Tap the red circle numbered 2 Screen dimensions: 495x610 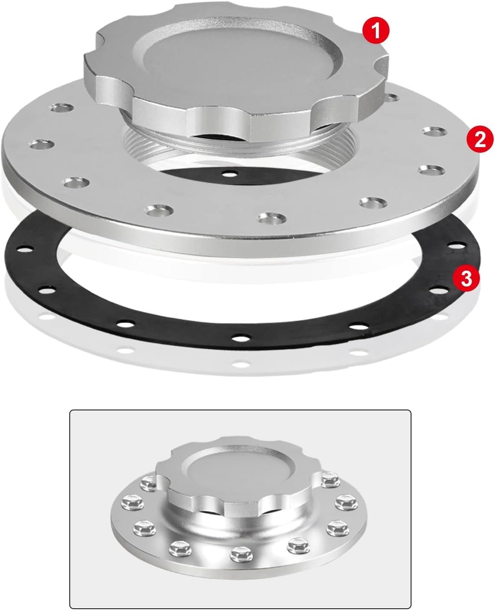tap(480, 140)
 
